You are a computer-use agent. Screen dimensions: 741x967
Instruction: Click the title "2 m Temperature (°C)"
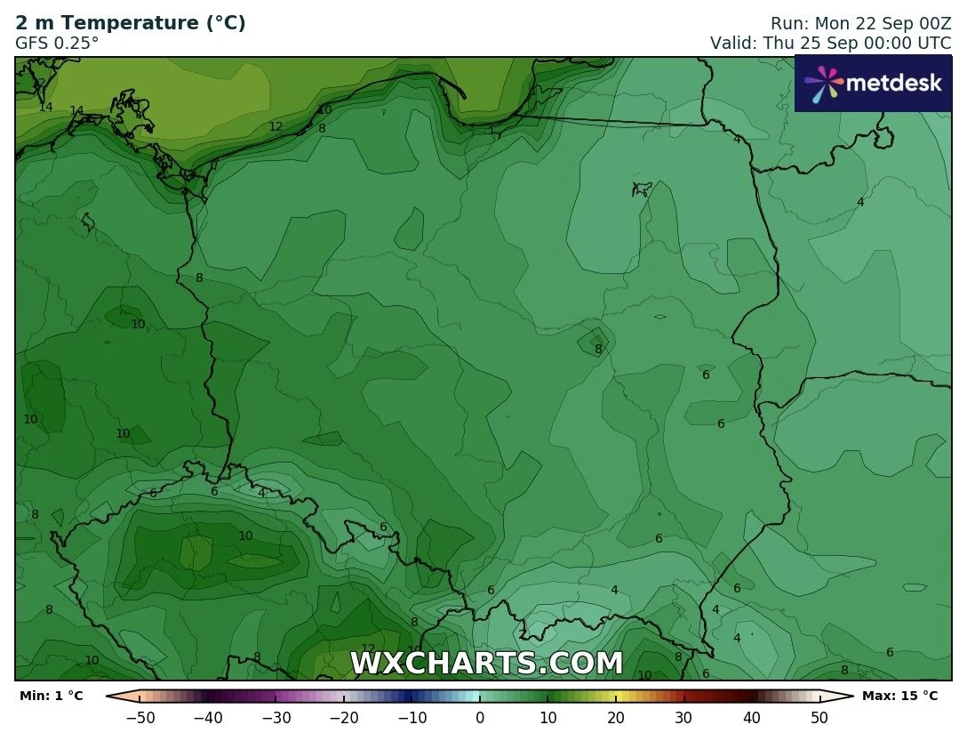(131, 23)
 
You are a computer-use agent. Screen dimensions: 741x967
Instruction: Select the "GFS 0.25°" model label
(57, 42)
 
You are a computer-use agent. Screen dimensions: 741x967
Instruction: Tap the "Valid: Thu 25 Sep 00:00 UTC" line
(830, 43)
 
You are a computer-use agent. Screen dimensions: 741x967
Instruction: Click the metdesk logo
(872, 84)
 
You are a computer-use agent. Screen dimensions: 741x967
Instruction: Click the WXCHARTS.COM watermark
(486, 664)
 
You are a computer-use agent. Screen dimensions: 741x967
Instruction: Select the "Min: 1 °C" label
(51, 696)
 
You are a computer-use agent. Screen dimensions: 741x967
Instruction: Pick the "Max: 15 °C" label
(899, 696)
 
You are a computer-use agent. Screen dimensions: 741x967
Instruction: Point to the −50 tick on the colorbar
(140, 717)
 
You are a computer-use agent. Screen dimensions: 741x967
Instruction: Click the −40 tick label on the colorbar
(208, 717)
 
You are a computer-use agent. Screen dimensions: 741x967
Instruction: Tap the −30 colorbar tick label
(276, 717)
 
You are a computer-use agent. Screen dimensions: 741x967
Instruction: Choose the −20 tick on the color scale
(344, 717)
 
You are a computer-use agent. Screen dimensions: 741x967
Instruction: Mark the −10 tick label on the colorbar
(412, 717)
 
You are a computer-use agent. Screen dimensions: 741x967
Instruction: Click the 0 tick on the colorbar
(480, 717)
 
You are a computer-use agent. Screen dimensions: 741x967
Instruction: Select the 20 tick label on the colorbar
(616, 717)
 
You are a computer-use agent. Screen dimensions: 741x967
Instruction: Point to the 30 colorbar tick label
(683, 717)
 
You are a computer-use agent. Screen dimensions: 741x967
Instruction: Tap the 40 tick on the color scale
(751, 717)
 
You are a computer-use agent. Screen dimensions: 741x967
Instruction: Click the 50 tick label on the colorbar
(819, 717)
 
